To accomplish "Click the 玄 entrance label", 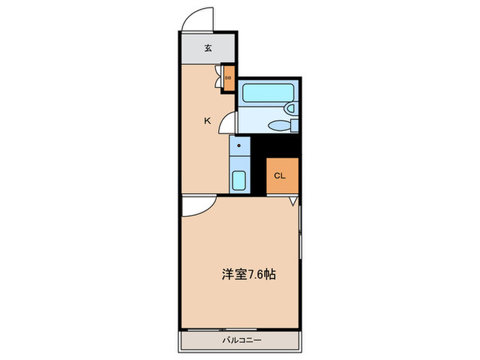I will pyautogui.click(x=207, y=49).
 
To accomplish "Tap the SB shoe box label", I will pyautogui.click(x=228, y=77).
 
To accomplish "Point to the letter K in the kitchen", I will pyautogui.click(x=207, y=121).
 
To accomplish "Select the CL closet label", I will pyautogui.click(x=279, y=176).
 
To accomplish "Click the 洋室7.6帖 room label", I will pyautogui.click(x=249, y=274).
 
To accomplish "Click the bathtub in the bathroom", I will pyautogui.click(x=263, y=93).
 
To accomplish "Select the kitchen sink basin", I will pyautogui.click(x=239, y=181).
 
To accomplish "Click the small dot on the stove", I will pyautogui.click(x=239, y=146).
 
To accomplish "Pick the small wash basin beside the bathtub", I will pyautogui.click(x=290, y=108).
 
